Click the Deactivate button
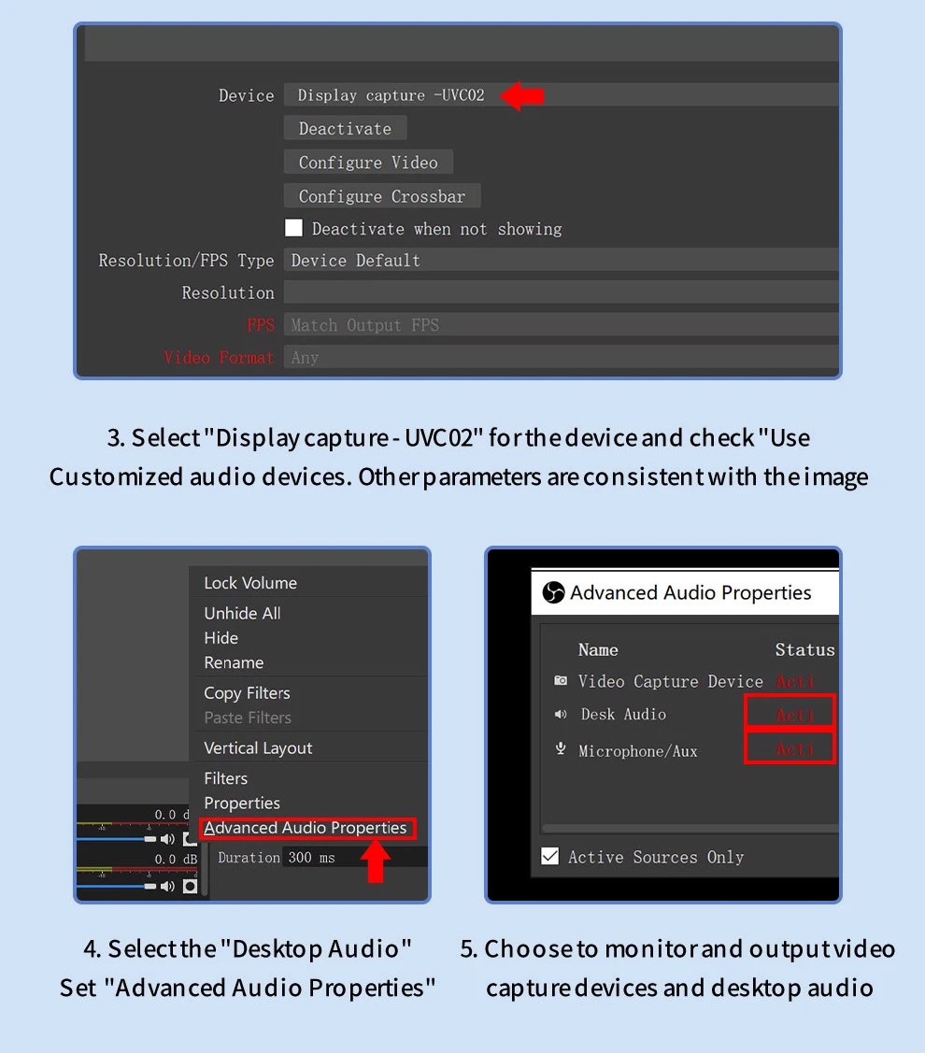tap(346, 128)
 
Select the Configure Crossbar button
tap(382, 196)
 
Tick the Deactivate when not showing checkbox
tap(293, 228)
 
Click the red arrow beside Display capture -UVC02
tap(522, 96)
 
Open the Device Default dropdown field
tap(561, 260)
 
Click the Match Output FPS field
tap(561, 325)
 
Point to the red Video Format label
tap(219, 358)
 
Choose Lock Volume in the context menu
tap(250, 583)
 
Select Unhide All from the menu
tap(243, 613)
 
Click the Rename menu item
tap(234, 662)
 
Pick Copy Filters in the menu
tap(248, 693)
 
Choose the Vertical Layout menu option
tap(258, 748)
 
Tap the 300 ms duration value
tap(312, 858)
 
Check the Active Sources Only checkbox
tap(550, 856)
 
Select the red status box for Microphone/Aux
tap(790, 747)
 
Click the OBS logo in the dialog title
tap(553, 592)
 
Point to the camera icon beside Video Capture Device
tap(561, 680)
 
